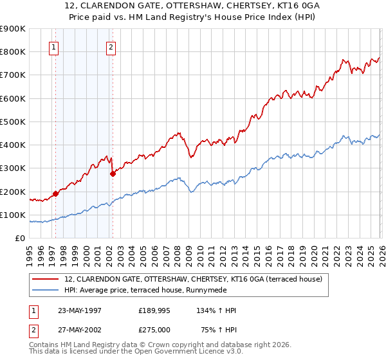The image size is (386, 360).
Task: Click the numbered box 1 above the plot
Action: [x=55, y=47]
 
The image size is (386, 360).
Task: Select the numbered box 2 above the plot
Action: [x=111, y=47]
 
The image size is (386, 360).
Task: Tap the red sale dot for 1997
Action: [x=55, y=193]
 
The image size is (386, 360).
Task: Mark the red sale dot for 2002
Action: [x=113, y=173]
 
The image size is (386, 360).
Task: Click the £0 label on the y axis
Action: [x=20, y=238]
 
